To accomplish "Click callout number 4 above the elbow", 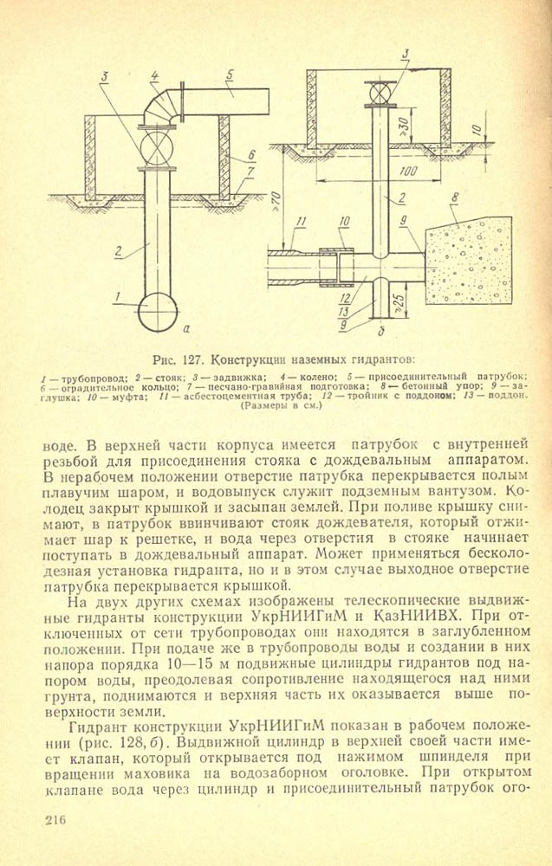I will (x=154, y=75).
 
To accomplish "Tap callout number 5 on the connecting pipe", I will (x=229, y=75).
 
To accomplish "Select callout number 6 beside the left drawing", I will (x=251, y=155).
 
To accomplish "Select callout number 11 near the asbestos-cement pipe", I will (x=301, y=223).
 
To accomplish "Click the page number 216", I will (x=54, y=818).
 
